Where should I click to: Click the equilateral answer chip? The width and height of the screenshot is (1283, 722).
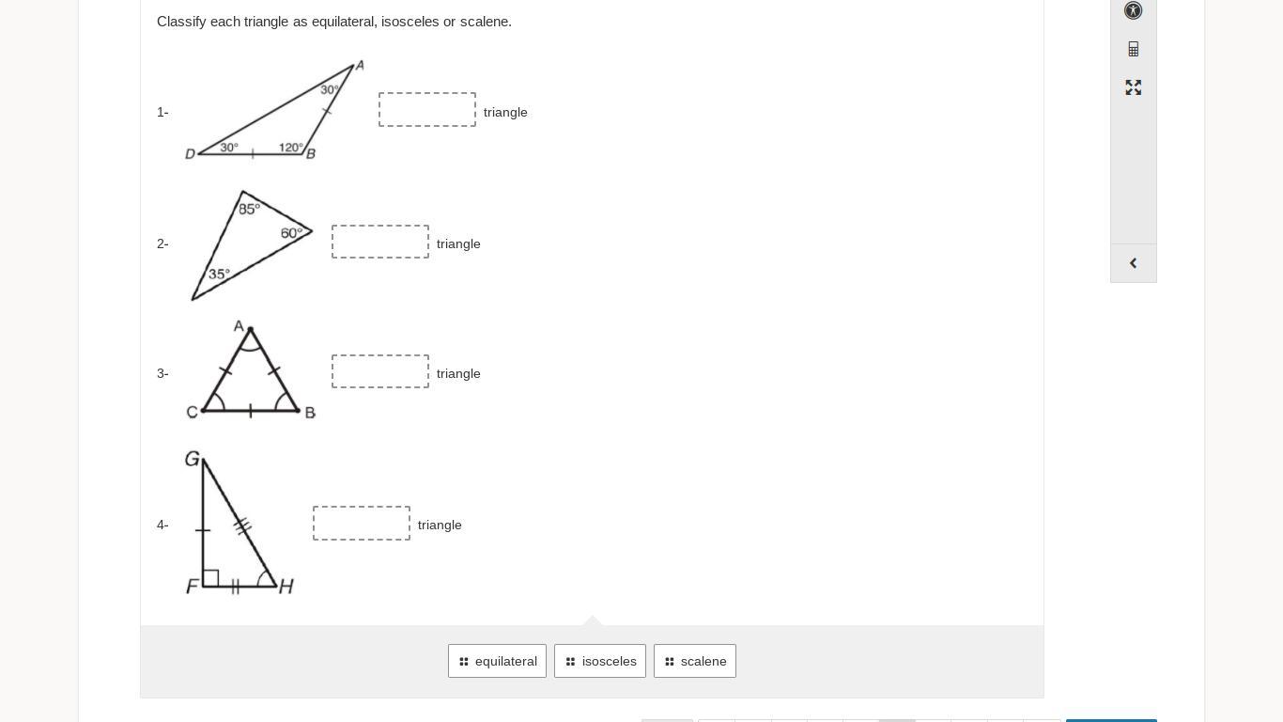coord(497,661)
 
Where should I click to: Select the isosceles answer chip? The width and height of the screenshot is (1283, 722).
coord(600,661)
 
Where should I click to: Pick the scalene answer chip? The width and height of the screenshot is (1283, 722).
coord(695,661)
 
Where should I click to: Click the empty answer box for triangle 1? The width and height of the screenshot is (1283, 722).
coord(427,110)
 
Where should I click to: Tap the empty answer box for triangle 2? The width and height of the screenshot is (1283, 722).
coord(380,242)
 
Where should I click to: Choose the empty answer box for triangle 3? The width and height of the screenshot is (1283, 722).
coord(380,371)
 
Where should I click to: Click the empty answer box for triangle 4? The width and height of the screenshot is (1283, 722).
coord(362,524)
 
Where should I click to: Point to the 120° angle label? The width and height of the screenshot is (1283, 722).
coord(291,148)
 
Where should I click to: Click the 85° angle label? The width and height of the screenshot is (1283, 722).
coord(249,209)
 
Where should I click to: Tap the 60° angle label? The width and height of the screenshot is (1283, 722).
coord(291,233)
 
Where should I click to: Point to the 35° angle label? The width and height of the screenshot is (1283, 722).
coord(219,275)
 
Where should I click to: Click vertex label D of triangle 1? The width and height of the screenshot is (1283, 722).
coord(190,153)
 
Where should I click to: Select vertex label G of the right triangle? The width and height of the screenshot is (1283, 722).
coord(193,459)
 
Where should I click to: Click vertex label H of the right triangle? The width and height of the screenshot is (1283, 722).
coord(286,587)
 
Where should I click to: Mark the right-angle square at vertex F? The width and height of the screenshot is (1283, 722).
coord(210,578)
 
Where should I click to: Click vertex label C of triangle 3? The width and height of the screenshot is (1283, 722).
coord(192,412)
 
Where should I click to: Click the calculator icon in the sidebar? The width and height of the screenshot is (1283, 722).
coord(1134,49)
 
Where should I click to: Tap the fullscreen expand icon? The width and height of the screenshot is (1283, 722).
coord(1134,87)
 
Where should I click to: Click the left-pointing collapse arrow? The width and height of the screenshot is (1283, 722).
coord(1134,263)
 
